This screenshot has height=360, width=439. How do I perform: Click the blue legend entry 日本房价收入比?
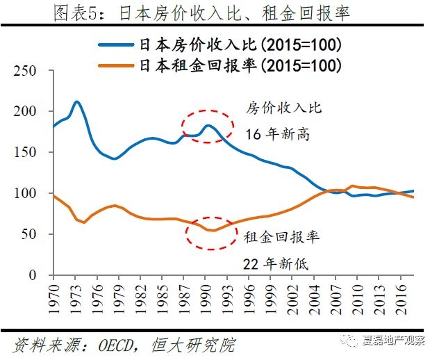pos(237,45)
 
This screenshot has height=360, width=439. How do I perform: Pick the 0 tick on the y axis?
pos(32,275)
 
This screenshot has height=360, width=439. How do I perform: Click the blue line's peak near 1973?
pos(76,102)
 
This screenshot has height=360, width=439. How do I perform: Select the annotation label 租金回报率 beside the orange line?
pos(281,238)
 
